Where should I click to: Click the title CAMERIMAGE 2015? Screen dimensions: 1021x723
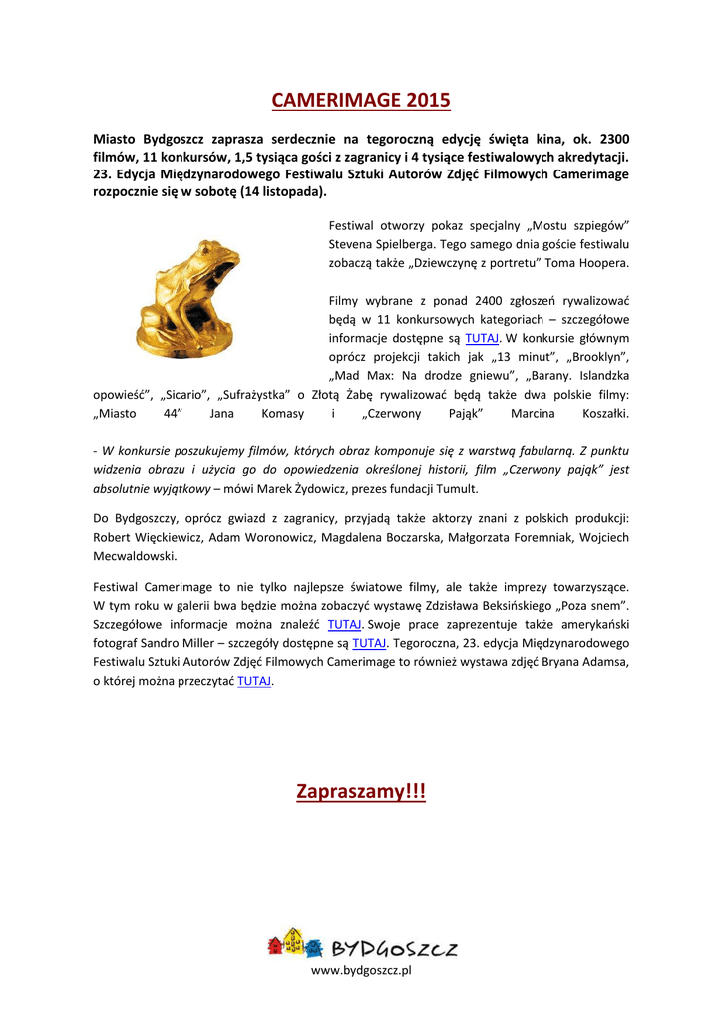[361, 100]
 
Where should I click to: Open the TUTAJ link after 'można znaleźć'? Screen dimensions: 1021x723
[344, 624]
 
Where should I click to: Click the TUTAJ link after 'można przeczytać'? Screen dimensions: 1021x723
[254, 681]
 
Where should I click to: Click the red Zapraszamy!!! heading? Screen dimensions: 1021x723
[361, 791]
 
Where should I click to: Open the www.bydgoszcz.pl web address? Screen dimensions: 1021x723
[361, 970]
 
